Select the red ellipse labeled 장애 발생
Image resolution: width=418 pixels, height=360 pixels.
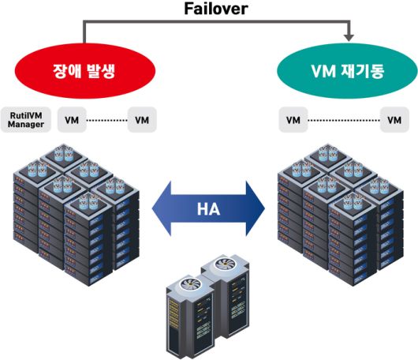tap(83, 71)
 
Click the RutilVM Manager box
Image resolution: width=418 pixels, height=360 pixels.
tap(25, 120)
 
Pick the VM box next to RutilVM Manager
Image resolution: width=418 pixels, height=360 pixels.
tap(72, 121)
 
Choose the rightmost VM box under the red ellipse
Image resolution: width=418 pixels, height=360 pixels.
tap(142, 121)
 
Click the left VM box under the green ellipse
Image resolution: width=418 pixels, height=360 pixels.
tap(293, 121)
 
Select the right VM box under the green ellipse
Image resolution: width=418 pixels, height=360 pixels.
tap(394, 121)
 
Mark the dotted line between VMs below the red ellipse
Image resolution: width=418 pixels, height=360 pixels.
tap(106, 121)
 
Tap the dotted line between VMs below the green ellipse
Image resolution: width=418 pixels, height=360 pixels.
tap(343, 121)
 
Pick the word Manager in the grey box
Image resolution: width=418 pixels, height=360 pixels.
tap(25, 125)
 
